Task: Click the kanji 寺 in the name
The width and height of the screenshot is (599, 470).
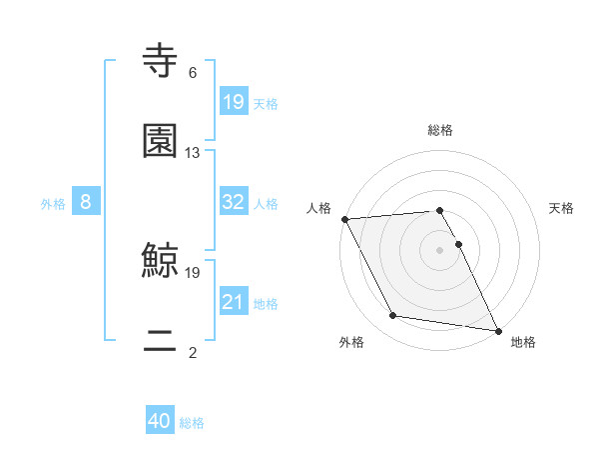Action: coord(161,60)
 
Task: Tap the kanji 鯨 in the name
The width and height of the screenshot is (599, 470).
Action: coord(161,259)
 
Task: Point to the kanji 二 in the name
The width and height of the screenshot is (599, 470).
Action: coord(161,339)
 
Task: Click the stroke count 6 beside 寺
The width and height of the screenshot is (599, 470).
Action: coord(193,73)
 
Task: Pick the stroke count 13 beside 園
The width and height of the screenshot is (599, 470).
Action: coord(193,153)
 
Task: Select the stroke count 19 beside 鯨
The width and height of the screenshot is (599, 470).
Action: coord(193,272)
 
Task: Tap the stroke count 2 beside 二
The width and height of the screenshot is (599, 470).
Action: coord(193,352)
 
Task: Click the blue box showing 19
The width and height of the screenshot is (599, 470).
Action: coord(234,102)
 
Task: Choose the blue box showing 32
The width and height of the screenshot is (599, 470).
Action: coord(234,202)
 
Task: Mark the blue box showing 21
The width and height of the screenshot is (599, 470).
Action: coord(234,302)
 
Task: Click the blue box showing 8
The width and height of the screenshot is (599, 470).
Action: coord(86,202)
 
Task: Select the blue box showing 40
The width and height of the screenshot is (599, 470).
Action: coord(160,422)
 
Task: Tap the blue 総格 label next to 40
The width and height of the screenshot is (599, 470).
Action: coord(192,423)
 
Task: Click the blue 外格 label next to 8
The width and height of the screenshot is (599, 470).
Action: coord(53,203)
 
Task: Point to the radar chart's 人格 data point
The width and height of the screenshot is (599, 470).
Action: coord(344,219)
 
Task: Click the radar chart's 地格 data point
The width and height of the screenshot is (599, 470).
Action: coord(497,330)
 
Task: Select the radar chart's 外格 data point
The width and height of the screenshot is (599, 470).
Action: coord(393,317)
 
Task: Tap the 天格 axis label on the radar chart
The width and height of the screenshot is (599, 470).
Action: coord(562,208)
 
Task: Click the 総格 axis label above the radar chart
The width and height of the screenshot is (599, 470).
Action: coord(440,130)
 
